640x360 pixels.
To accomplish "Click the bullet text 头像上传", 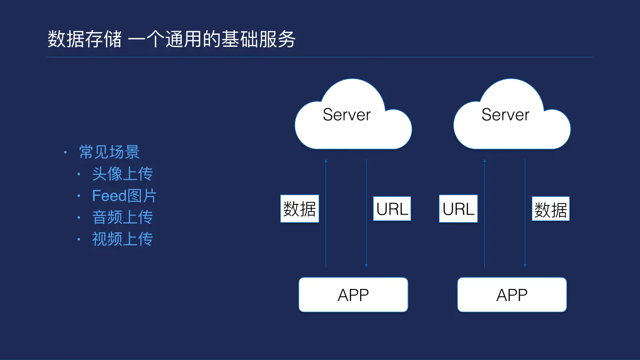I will (x=122, y=174).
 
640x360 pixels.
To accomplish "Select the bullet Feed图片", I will (x=124, y=196).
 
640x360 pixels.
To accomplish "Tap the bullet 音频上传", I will (x=122, y=217).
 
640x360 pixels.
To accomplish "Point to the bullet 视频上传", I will (x=122, y=239).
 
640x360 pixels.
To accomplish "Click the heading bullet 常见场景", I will (x=109, y=152).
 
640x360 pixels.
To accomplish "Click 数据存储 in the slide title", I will (x=85, y=39).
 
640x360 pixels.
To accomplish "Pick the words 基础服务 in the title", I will (x=258, y=39).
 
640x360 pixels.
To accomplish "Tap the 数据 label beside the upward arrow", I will (x=299, y=209).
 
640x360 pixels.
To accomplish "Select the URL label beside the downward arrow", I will (x=392, y=209).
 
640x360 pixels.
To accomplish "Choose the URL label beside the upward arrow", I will (x=458, y=209).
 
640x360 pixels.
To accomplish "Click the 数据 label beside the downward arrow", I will (x=550, y=209).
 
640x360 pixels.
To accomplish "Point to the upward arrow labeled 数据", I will (x=326, y=242).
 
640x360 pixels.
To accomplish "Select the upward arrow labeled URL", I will (x=484, y=242).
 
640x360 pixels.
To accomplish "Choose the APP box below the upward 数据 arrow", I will (x=353, y=295).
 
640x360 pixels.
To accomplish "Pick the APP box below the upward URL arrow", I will (x=512, y=295).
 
